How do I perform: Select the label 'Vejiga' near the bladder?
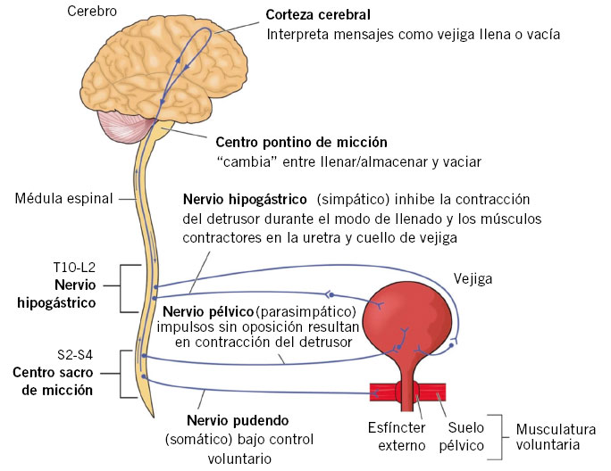[x=473, y=278]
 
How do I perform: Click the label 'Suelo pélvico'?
[x=465, y=436]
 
